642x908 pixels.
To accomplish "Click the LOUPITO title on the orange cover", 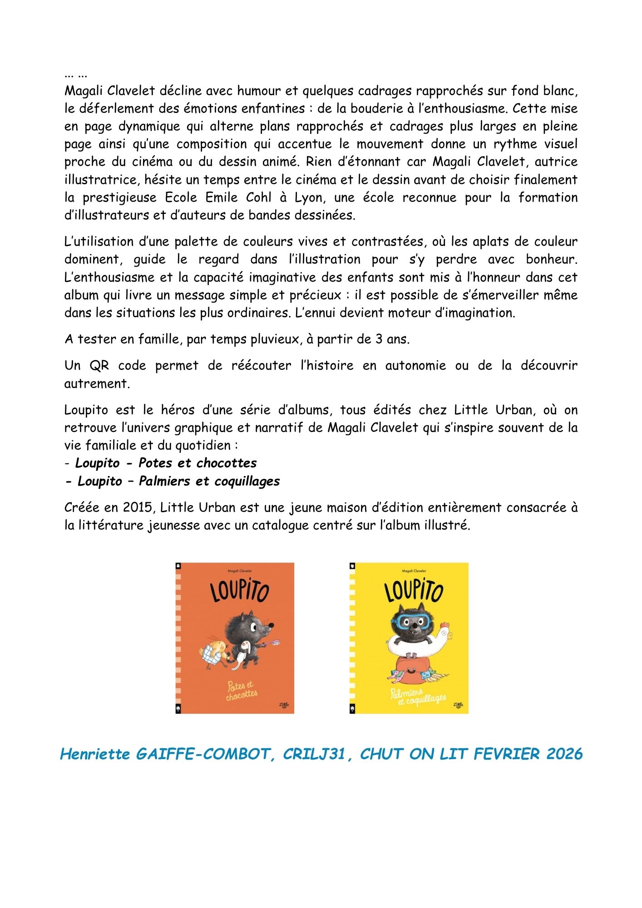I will [x=239, y=591].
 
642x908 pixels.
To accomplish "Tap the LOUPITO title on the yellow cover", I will [x=413, y=591].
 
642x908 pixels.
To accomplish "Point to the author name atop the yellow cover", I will [x=414, y=571].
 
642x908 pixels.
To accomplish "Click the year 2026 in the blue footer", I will [x=564, y=754].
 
